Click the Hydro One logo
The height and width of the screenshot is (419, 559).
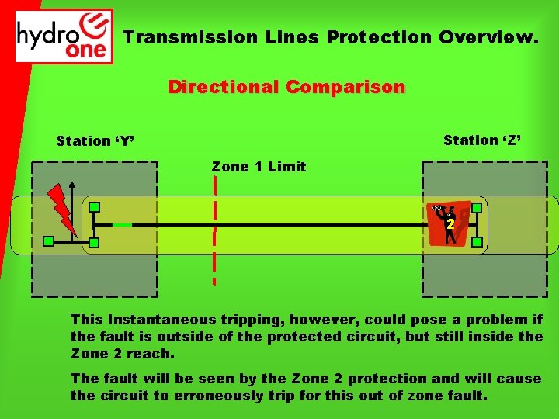(64, 36)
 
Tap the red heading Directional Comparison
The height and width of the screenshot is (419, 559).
(286, 87)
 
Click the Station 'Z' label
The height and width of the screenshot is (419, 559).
(482, 140)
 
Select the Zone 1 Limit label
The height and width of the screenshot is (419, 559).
(259, 167)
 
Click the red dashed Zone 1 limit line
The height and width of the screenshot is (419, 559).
(214, 233)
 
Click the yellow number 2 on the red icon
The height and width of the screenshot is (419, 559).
(450, 224)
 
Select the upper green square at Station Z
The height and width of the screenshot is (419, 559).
(477, 208)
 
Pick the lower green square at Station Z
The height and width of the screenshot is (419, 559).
(477, 242)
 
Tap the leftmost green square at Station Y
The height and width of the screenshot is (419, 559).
(48, 242)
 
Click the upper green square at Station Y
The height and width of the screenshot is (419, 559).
(93, 208)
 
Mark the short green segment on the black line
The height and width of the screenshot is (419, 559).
(122, 225)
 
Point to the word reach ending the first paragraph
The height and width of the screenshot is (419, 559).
(155, 354)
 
